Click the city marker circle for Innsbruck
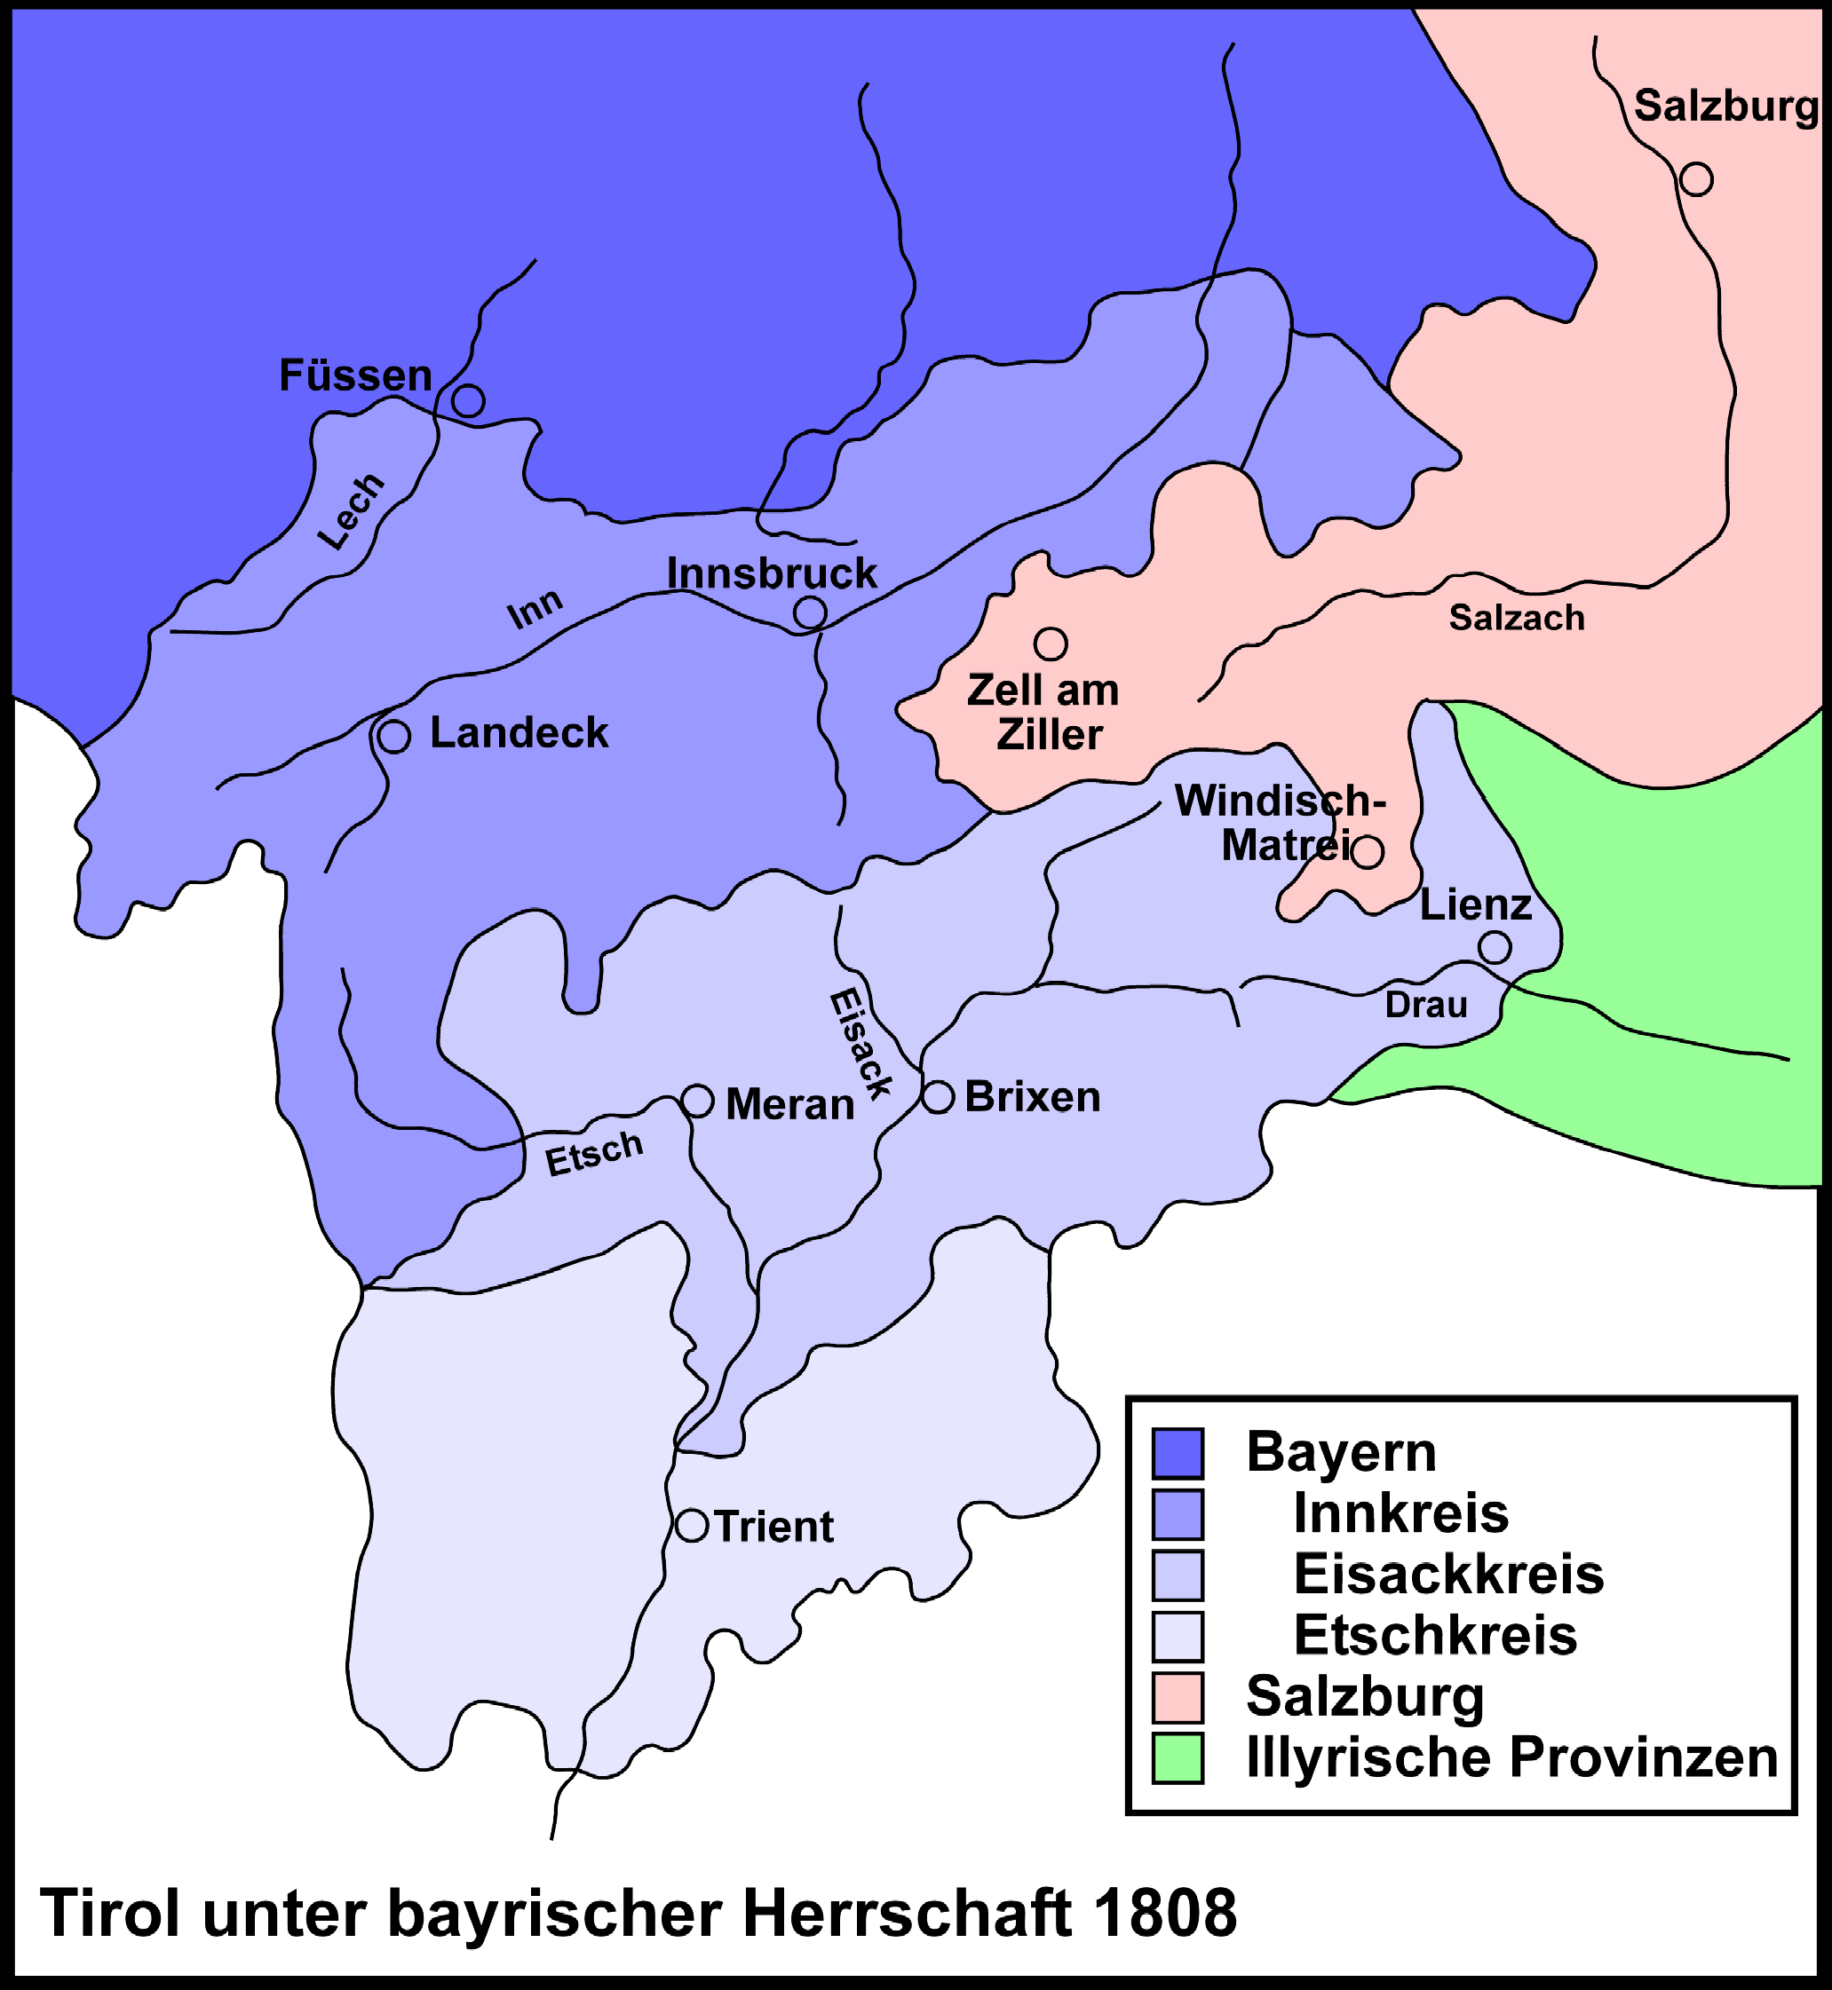(810, 612)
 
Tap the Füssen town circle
(468, 400)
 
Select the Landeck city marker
(393, 737)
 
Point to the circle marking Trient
(692, 1525)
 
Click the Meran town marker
(698, 1101)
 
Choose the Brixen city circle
(938, 1097)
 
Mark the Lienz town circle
(1495, 947)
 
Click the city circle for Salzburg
(1696, 179)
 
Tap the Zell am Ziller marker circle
(1050, 644)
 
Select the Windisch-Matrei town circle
(1367, 851)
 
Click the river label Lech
(350, 510)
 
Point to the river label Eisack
(860, 1044)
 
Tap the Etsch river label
(594, 1153)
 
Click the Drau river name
(1425, 1005)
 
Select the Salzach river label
(1517, 618)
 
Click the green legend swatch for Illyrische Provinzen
(1178, 1758)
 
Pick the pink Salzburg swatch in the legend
(1178, 1698)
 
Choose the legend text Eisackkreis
(1447, 1574)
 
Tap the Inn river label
(535, 609)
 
